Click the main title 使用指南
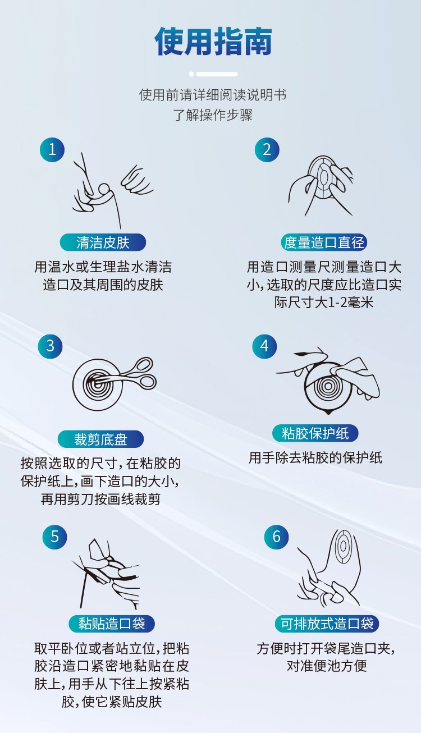(213, 41)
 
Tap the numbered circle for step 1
(52, 149)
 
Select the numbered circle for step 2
(267, 149)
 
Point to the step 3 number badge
(50, 346)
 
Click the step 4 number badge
(264, 346)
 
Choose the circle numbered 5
(54, 537)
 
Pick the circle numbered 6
(276, 537)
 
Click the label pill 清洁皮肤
(103, 242)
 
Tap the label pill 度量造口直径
(324, 242)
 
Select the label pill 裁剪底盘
(100, 439)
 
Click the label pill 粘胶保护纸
(315, 434)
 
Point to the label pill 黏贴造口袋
(111, 624)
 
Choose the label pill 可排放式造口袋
(327, 624)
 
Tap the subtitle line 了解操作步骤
(213, 115)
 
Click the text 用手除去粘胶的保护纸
(315, 458)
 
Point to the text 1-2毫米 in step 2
(350, 303)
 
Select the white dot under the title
(191, 74)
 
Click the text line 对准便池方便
(327, 666)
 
